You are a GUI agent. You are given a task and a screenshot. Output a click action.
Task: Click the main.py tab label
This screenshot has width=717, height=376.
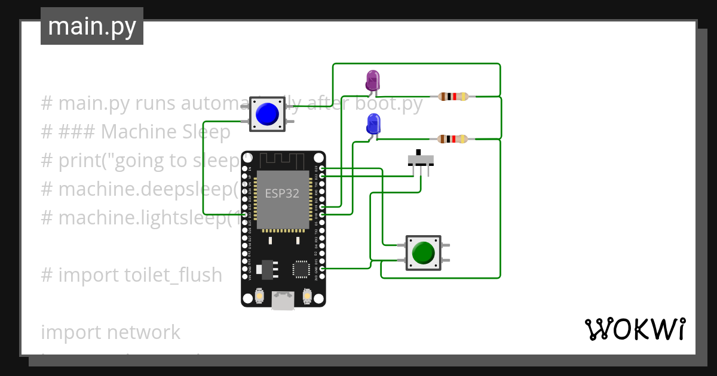92,26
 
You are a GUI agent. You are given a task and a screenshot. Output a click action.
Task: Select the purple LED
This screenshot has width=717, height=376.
372,81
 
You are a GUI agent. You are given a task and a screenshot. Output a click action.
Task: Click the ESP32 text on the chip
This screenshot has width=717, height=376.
282,194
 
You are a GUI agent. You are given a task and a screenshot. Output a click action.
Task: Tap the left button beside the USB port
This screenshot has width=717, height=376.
260,295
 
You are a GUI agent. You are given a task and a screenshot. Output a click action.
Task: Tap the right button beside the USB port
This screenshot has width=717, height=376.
307,295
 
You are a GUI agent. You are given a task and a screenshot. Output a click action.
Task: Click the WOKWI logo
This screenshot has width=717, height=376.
635,329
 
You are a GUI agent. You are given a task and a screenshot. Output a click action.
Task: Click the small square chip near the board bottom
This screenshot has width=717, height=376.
301,270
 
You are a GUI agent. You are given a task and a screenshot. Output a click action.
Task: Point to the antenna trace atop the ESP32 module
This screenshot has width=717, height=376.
283,161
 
